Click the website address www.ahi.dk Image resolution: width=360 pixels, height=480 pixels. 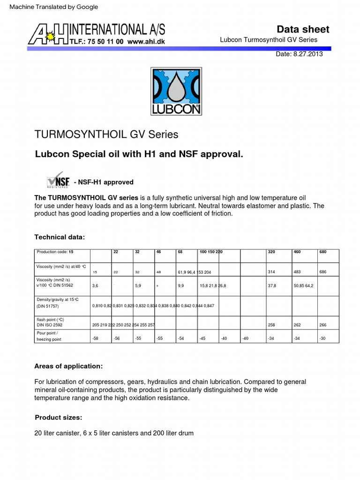pyautogui.click(x=146, y=41)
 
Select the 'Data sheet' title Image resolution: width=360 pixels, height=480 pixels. pyautogui.click(x=304, y=29)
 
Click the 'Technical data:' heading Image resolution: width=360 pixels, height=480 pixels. pyautogui.click(x=60, y=237)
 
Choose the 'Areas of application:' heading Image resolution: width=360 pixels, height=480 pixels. pyautogui.click(x=68, y=366)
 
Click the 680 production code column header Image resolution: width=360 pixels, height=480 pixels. pyautogui.click(x=323, y=252)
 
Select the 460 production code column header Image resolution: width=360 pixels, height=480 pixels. pyautogui.click(x=297, y=252)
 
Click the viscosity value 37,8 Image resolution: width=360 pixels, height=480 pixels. pyautogui.click(x=272, y=285)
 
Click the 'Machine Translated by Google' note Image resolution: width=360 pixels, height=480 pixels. pyautogui.click(x=54, y=7)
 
